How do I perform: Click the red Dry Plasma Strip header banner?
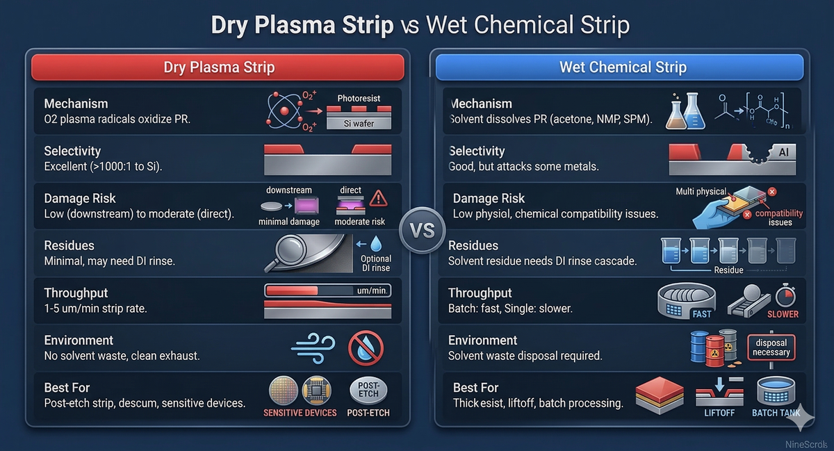218,67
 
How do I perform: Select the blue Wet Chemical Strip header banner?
619,67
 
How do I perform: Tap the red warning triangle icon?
378,198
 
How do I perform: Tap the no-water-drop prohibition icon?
366,347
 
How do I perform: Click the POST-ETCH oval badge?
368,390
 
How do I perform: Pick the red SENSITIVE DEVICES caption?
300,413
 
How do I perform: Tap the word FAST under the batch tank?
701,314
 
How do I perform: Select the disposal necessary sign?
771,347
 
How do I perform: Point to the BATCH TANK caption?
776,413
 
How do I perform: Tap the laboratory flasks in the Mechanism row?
684,112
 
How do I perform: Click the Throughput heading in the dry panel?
76,293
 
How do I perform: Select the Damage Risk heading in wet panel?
489,199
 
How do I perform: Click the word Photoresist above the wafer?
359,98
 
